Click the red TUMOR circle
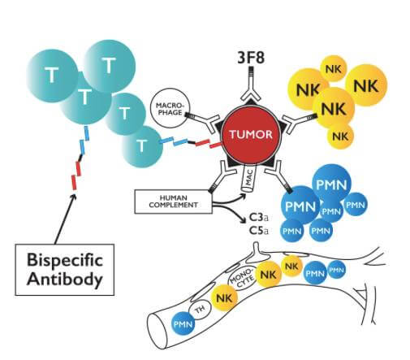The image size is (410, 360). point(251,135)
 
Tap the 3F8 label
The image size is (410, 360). point(251,58)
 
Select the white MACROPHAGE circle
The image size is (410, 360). point(170,108)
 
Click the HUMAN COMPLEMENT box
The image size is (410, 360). point(173,202)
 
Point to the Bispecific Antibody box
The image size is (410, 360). point(65,270)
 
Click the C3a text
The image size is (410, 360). point(259,217)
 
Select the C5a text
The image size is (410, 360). point(259,231)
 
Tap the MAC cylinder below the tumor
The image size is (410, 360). point(248,179)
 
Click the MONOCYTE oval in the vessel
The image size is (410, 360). point(242,277)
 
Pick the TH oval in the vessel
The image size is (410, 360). point(201,309)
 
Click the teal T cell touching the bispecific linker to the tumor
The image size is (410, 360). point(141,146)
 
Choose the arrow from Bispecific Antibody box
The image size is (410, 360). point(65,219)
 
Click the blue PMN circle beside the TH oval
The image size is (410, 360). point(183,323)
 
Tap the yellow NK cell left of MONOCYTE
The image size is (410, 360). point(224,298)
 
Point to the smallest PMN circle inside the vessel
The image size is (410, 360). point(337,270)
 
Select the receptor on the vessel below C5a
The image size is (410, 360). point(257,250)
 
